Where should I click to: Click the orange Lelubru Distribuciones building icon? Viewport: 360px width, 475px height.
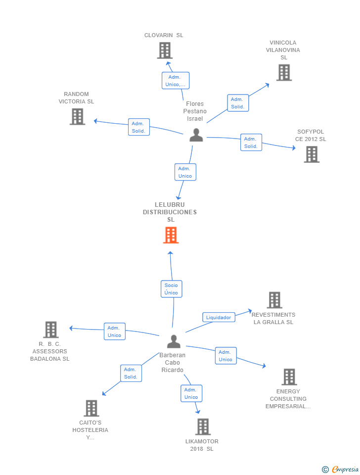pyautogui.click(x=171, y=236)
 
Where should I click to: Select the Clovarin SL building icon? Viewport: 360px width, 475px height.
pyautogui.click(x=164, y=50)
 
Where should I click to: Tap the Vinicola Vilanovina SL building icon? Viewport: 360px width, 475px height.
pyautogui.click(x=283, y=73)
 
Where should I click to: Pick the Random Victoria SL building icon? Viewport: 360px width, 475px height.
pyautogui.click(x=77, y=117)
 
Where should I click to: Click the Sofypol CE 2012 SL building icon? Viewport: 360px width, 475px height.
pyautogui.click(x=311, y=154)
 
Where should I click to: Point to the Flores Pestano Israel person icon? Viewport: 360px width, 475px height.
pyautogui.click(x=196, y=135)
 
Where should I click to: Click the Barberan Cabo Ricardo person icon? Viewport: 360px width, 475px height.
pyautogui.click(x=174, y=341)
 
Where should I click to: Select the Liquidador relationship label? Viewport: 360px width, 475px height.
pyautogui.click(x=218, y=318)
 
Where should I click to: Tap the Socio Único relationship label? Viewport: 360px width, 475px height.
pyautogui.click(x=171, y=289)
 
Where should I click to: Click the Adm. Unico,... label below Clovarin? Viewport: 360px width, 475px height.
pyautogui.click(x=175, y=81)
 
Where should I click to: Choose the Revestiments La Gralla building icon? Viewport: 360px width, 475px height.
pyautogui.click(x=274, y=300)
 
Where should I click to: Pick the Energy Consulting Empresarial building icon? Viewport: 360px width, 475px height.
pyautogui.click(x=289, y=377)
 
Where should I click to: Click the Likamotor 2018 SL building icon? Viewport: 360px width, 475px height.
pyautogui.click(x=203, y=427)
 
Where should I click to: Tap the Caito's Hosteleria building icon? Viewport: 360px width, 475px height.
pyautogui.click(x=91, y=408)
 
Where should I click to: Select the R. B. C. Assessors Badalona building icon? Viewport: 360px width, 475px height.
pyautogui.click(x=50, y=330)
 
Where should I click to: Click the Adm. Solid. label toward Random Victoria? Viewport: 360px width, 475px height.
pyautogui.click(x=138, y=127)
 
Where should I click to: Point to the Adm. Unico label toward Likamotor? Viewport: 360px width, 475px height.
pyautogui.click(x=191, y=393)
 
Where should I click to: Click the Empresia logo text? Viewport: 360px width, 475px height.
pyautogui.click(x=345, y=469)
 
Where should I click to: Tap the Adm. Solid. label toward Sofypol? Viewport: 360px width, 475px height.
pyautogui.click(x=251, y=142)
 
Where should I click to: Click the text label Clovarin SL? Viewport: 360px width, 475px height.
pyautogui.click(x=164, y=35)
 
